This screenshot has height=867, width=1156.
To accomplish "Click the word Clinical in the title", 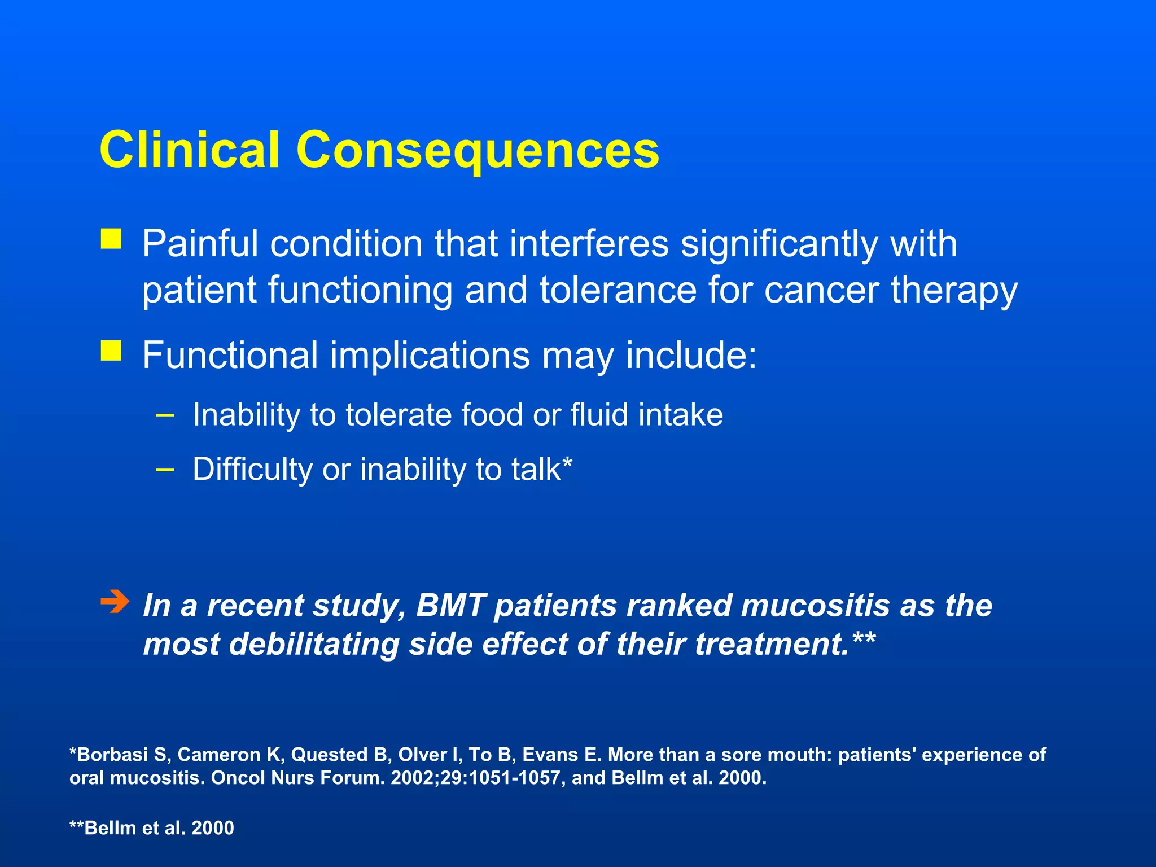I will pyautogui.click(x=189, y=150).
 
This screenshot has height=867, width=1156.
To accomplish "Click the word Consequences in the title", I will pyautogui.click(x=477, y=150).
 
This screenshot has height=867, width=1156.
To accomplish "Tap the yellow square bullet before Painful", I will pyautogui.click(x=111, y=239).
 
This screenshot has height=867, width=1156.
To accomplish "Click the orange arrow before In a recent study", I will pyautogui.click(x=115, y=602).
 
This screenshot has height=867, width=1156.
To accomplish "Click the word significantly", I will pyautogui.click(x=779, y=244).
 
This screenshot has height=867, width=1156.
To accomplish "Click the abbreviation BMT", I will pyautogui.click(x=450, y=606).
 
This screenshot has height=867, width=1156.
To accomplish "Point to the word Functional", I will pyautogui.click(x=230, y=356).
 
